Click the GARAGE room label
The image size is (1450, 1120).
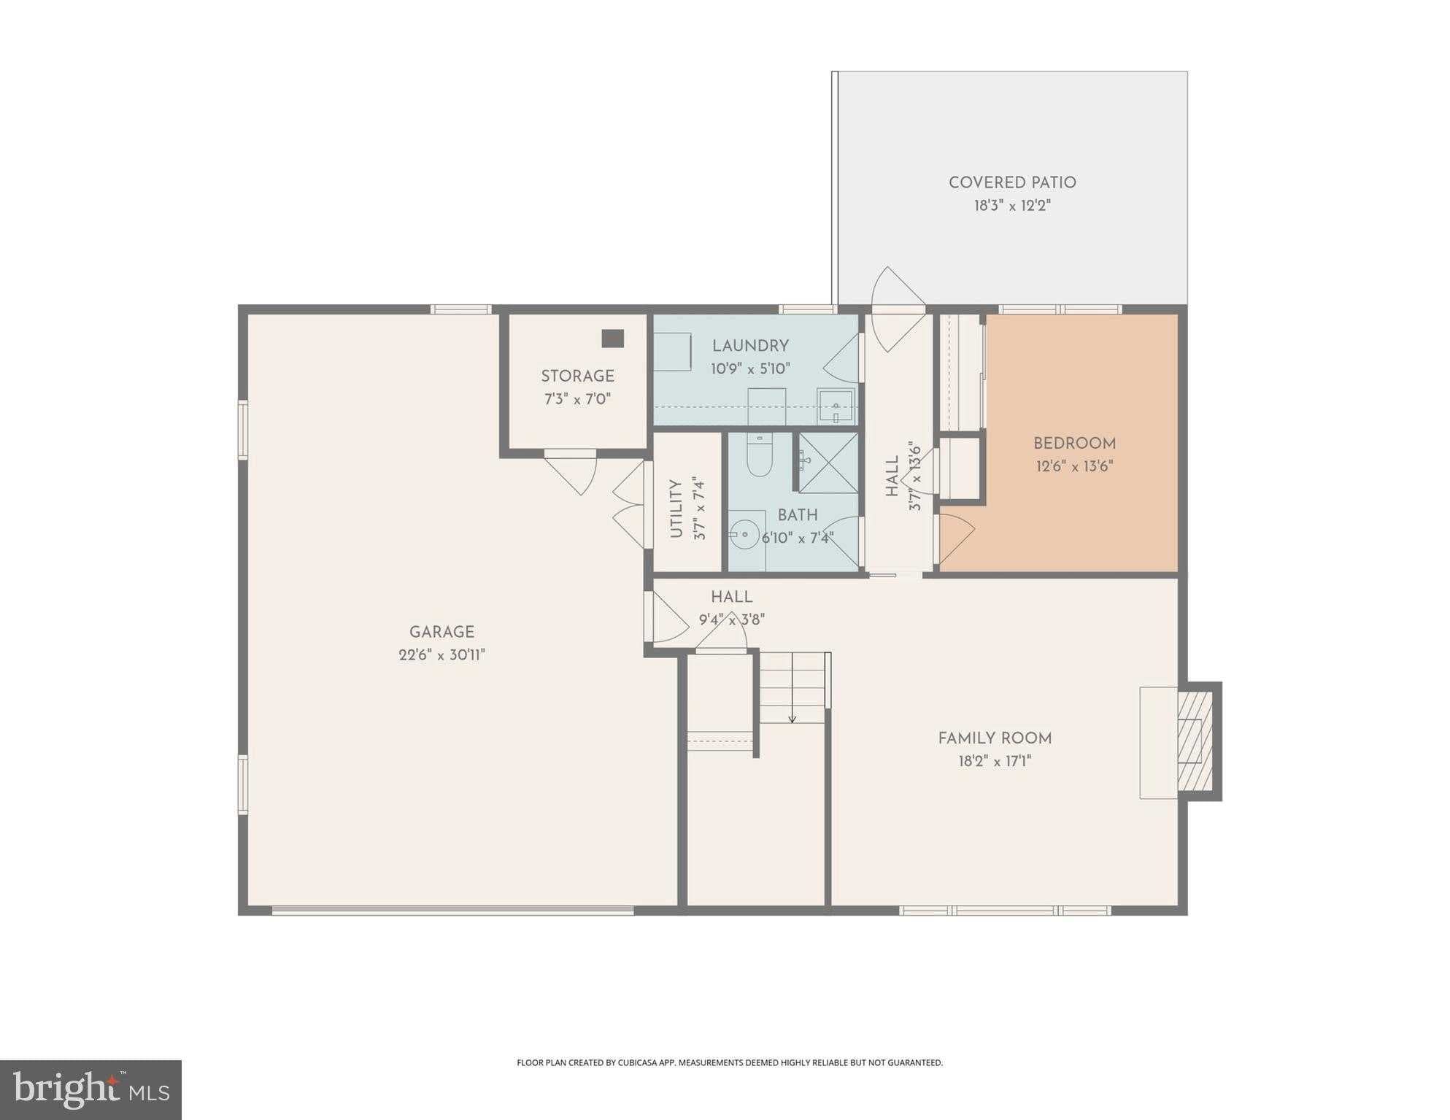(441, 632)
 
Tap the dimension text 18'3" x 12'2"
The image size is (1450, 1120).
(1011, 206)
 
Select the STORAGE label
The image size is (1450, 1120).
(577, 376)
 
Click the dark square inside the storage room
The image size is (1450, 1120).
(612, 339)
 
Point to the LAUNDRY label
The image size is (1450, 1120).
(750, 346)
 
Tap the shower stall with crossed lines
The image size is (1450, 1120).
(829, 463)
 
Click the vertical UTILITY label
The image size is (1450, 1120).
(676, 509)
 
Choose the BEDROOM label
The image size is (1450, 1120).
(1074, 444)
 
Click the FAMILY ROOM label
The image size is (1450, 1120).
(995, 738)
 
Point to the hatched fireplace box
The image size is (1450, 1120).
(1195, 741)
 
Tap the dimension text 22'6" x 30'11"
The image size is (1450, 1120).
(441, 655)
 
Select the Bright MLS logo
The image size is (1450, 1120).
(91, 1089)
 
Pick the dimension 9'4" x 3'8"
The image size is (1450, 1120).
(731, 620)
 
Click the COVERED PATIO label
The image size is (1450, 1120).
(1011, 182)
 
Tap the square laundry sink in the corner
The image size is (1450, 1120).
(835, 406)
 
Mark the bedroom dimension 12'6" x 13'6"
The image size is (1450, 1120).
(1074, 466)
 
